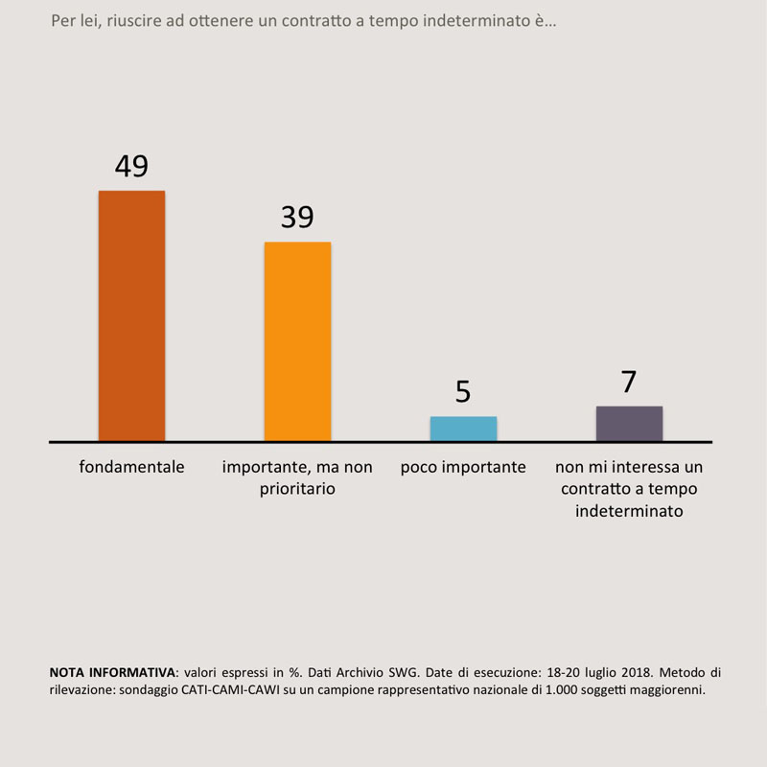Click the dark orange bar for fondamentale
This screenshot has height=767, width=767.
point(131,316)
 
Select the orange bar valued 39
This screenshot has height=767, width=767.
point(297,341)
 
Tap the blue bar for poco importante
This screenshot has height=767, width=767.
point(463,429)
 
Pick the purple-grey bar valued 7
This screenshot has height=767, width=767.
point(629,424)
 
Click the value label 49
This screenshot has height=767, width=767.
point(131,166)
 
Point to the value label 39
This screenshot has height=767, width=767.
point(297,218)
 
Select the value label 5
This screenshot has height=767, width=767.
point(463,392)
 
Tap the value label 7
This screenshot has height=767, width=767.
point(629,382)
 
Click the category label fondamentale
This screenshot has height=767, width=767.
point(131,467)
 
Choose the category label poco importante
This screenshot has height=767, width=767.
point(463,467)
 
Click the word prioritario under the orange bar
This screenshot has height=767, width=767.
point(297,489)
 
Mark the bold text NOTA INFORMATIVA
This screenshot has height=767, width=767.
point(112,672)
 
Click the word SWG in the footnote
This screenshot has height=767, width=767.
point(404,672)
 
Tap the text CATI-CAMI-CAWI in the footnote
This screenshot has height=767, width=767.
point(229,690)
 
